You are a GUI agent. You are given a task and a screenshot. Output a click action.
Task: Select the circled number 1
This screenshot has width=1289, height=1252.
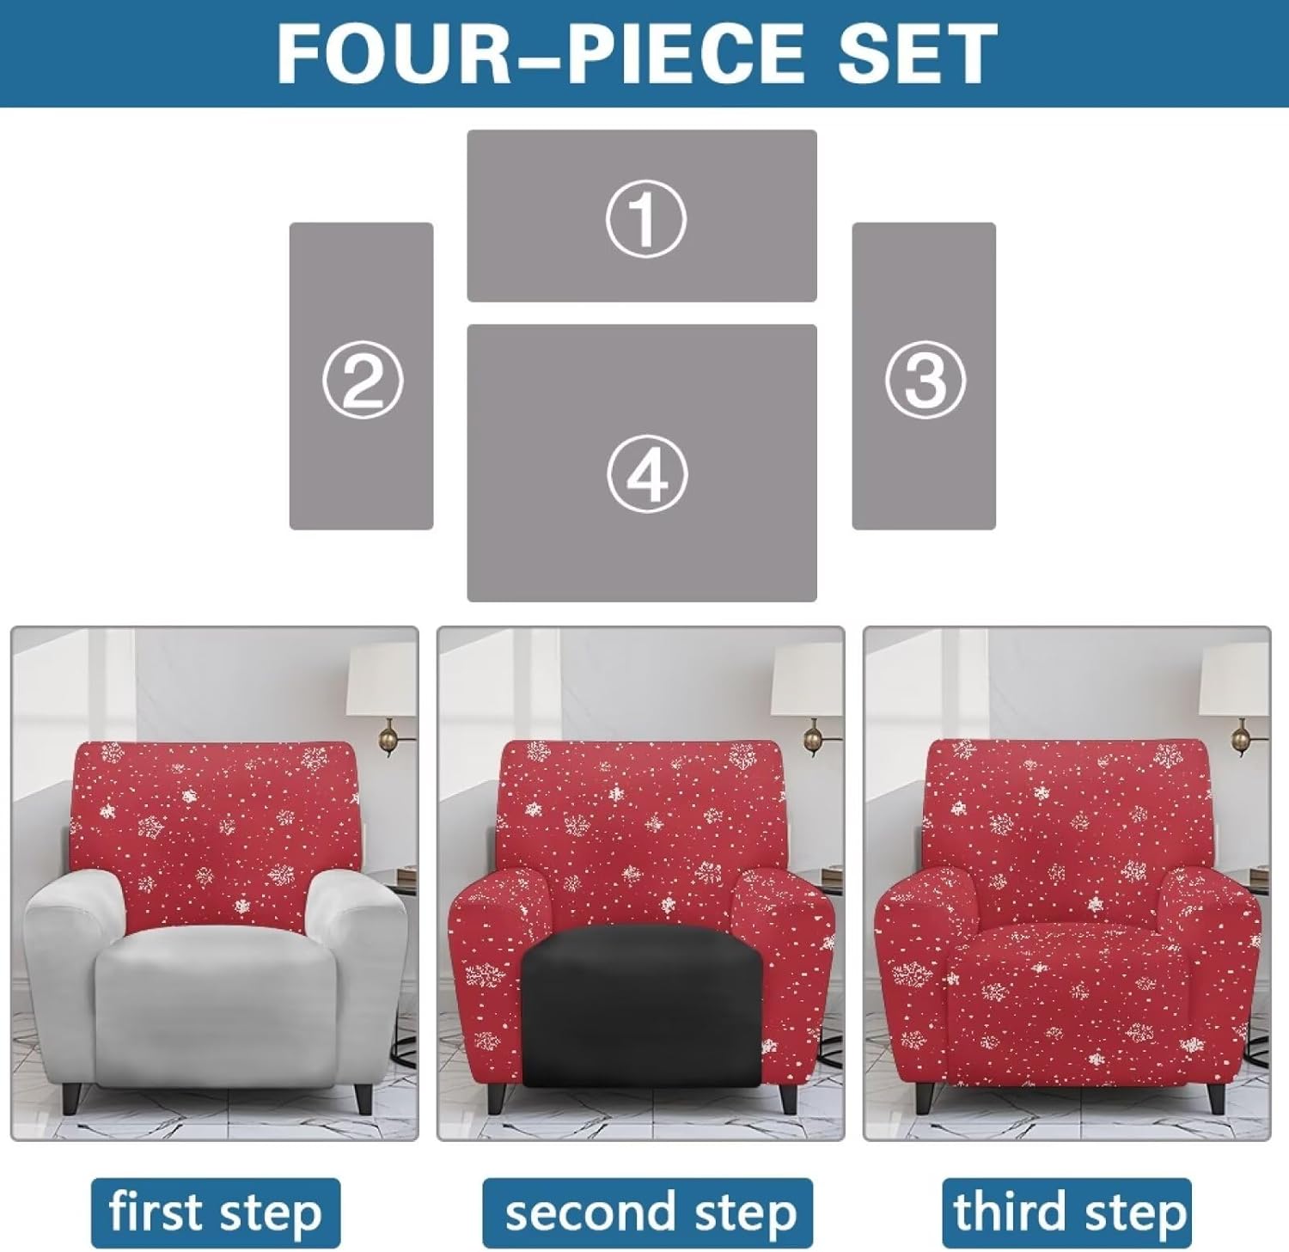click(645, 218)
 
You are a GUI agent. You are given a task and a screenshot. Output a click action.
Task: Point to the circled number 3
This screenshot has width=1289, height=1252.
click(925, 379)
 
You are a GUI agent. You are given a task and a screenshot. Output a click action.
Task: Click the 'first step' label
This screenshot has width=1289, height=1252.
click(216, 1212)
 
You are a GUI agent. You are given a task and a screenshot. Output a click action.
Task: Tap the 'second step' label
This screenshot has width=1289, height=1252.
click(647, 1212)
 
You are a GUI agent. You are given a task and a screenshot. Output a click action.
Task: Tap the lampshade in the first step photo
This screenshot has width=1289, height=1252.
click(382, 679)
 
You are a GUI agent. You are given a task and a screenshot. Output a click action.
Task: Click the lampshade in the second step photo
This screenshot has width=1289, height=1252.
click(808, 679)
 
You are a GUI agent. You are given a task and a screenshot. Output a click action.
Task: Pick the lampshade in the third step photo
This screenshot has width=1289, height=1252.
click(1235, 679)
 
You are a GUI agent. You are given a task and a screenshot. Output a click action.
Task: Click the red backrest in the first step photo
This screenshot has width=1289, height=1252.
click(215, 816)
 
